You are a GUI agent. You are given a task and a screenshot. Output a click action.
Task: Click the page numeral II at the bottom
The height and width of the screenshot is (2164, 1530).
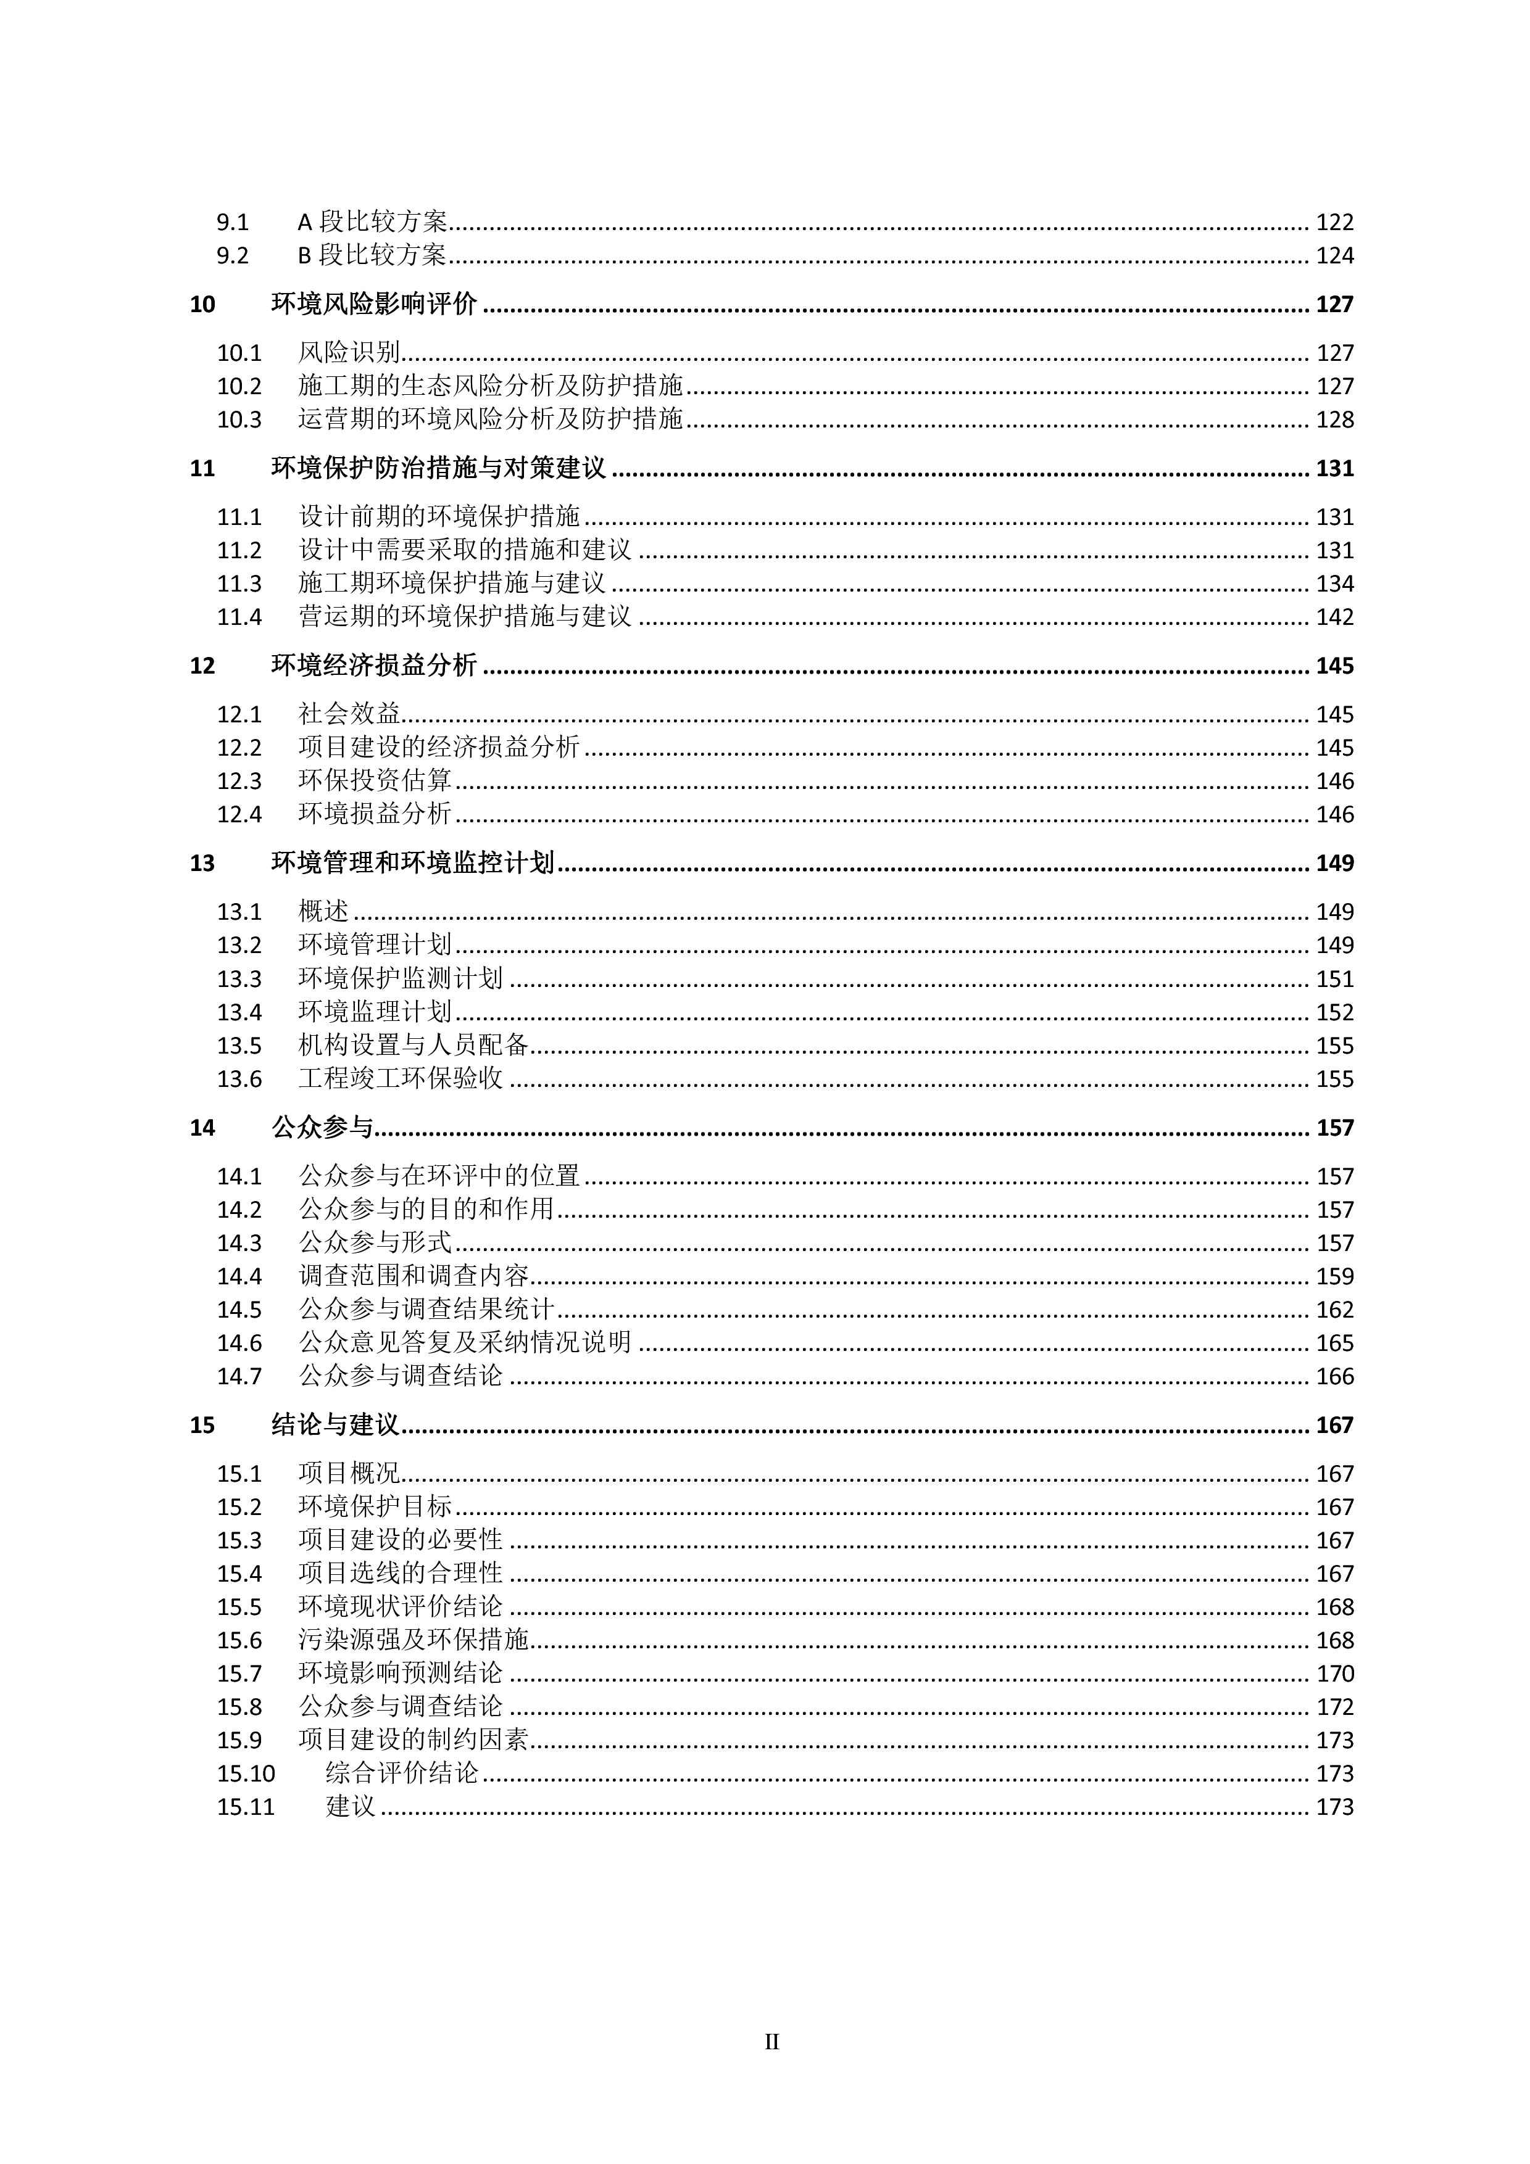[771, 2041]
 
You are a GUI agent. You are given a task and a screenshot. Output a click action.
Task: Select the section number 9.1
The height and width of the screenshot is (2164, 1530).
[233, 223]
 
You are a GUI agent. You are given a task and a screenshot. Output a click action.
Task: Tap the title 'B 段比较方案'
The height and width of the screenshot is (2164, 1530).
[372, 255]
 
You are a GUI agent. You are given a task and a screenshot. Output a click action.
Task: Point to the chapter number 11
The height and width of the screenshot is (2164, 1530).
[202, 468]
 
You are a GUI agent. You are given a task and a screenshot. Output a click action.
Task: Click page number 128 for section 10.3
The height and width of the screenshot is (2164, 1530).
[1334, 419]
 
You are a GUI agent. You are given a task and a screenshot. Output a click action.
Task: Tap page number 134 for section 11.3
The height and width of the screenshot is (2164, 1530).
[1334, 584]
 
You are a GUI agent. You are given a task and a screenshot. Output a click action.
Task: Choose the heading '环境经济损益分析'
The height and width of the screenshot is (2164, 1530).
[374, 666]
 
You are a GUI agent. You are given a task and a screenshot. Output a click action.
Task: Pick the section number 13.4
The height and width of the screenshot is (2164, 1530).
[239, 1012]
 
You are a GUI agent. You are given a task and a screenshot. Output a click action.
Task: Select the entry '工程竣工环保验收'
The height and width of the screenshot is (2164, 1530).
[401, 1078]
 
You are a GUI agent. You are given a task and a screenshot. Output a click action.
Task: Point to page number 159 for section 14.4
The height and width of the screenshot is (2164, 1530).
[1334, 1276]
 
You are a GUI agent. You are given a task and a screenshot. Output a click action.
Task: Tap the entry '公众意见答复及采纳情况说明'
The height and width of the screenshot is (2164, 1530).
[465, 1342]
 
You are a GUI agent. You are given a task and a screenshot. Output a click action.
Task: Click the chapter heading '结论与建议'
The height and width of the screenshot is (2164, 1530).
[336, 1425]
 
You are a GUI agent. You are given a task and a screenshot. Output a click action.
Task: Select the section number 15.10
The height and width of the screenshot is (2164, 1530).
[246, 1773]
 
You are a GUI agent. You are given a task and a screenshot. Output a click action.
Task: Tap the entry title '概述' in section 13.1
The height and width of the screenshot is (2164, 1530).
[323, 911]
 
